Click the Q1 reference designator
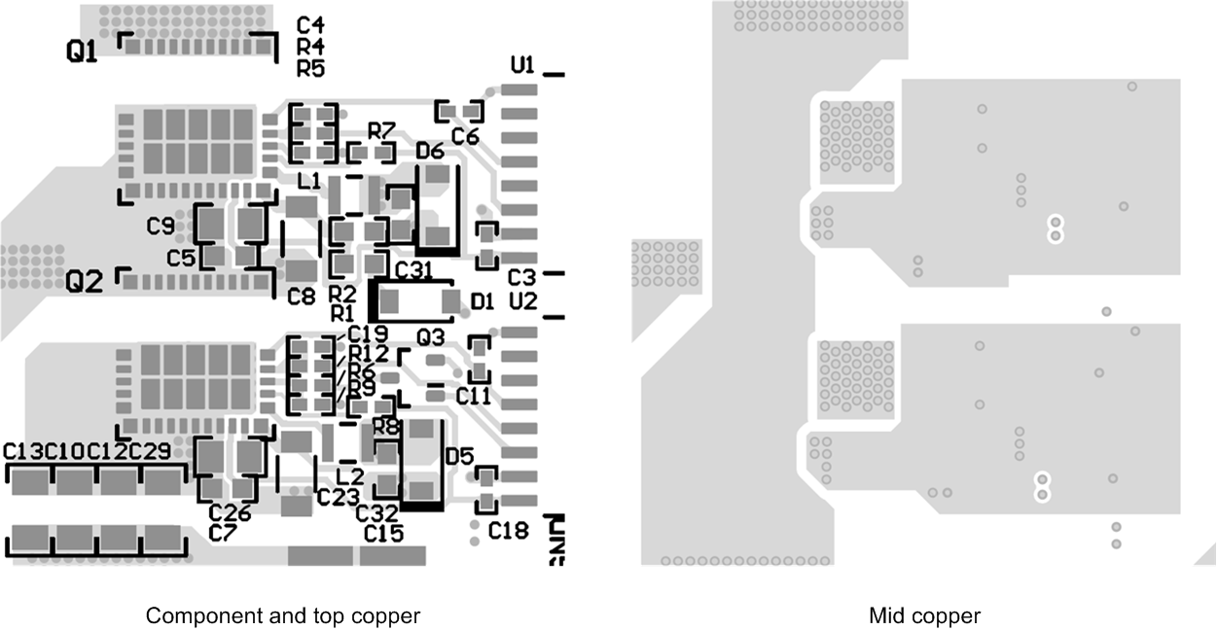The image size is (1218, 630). coord(82,53)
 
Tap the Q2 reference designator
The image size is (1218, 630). coord(84,282)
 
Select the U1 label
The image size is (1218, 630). coord(522,65)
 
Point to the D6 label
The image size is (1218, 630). coord(429,151)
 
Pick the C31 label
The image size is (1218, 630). coord(413,268)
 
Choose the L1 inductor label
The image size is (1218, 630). coord(309,180)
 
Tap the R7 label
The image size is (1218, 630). coord(381,130)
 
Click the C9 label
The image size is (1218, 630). coord(161,227)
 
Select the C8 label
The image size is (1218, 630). coord(302,297)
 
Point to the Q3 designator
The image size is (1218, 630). coord(430,336)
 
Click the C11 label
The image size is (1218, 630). coord(474,396)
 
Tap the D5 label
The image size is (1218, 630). coord(459,455)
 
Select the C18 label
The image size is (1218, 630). coord(508,531)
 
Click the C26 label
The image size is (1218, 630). coord(230,512)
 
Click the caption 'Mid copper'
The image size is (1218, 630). coord(924,615)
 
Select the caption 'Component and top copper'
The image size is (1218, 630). coord(283,615)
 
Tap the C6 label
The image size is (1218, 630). coord(466,137)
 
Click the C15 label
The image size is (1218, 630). coord(384,533)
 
